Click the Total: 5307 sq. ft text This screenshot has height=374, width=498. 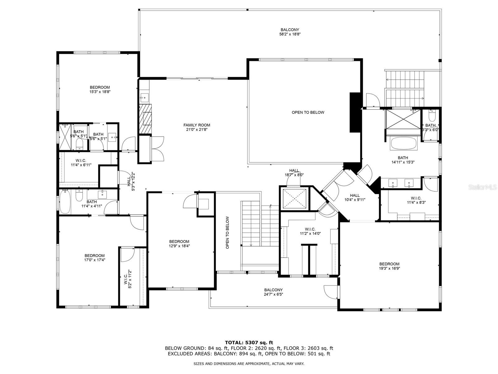[249, 343]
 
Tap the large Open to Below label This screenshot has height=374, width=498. [308, 112]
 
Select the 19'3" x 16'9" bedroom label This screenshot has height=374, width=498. [389, 266]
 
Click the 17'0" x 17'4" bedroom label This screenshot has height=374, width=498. [95, 257]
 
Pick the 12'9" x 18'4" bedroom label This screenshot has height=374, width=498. [179, 243]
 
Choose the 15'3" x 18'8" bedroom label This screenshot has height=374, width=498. [100, 89]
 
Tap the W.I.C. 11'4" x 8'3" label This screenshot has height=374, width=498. [416, 200]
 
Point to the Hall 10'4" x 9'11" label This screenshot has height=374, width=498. [355, 198]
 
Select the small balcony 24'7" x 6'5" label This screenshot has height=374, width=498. [273, 292]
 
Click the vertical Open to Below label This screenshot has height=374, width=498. [228, 233]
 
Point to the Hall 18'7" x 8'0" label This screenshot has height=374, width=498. [294, 173]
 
